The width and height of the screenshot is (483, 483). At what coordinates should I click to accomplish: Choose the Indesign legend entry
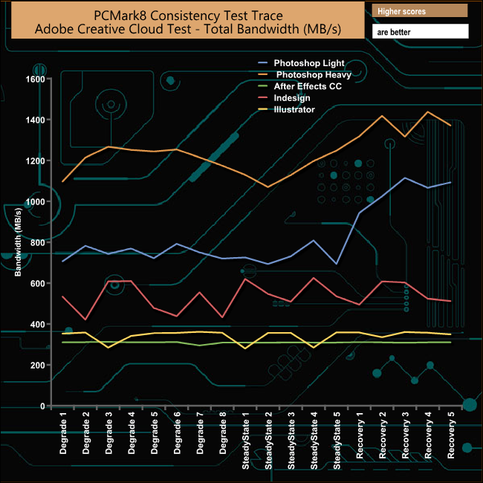click(292, 98)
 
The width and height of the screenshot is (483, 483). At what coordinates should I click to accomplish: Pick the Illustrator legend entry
click(294, 110)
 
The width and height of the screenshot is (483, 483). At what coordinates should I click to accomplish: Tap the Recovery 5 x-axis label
click(452, 438)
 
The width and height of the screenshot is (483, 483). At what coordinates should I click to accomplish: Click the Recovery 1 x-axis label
click(360, 438)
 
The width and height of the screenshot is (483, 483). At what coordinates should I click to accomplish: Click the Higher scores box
click(420, 10)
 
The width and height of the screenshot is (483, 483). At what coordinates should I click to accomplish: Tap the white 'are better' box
click(420, 32)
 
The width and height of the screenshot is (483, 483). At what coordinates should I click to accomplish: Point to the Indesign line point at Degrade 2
click(87, 320)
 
